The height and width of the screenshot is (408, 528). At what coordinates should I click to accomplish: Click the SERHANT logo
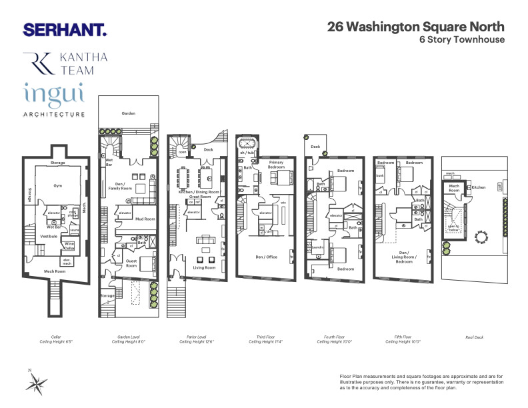pyautogui.click(x=65, y=29)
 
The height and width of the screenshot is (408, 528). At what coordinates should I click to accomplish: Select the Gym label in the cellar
pyautogui.click(x=58, y=187)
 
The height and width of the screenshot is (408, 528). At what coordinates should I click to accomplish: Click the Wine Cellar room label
pyautogui.click(x=69, y=245)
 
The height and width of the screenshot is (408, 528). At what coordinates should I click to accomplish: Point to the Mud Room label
pyautogui.click(x=145, y=219)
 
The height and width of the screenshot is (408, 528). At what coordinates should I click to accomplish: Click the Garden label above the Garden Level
pyautogui.click(x=128, y=113)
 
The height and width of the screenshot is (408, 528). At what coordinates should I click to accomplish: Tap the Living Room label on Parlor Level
pyautogui.click(x=205, y=267)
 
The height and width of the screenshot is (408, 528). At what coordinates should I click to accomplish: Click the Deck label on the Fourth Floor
pyautogui.click(x=315, y=147)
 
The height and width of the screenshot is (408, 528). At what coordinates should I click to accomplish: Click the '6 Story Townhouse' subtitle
pyautogui.click(x=461, y=39)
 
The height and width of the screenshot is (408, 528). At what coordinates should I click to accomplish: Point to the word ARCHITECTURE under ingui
pyautogui.click(x=54, y=115)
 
